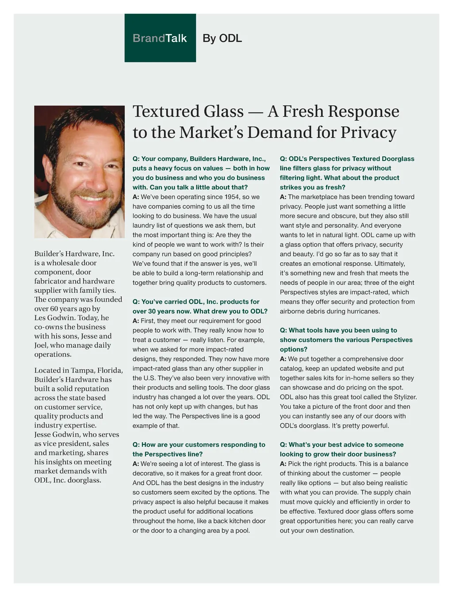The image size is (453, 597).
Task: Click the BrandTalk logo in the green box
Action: pyautogui.click(x=160, y=38)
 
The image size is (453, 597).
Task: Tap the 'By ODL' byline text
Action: pyautogui.click(x=222, y=38)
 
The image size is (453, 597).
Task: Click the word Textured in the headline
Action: pyautogui.click(x=188, y=111)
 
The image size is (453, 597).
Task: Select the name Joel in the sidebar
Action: pyautogui.click(x=41, y=345)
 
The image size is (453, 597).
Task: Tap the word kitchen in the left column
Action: pyautogui.click(x=240, y=521)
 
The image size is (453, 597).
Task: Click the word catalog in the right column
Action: pyautogui.click(x=292, y=368)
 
